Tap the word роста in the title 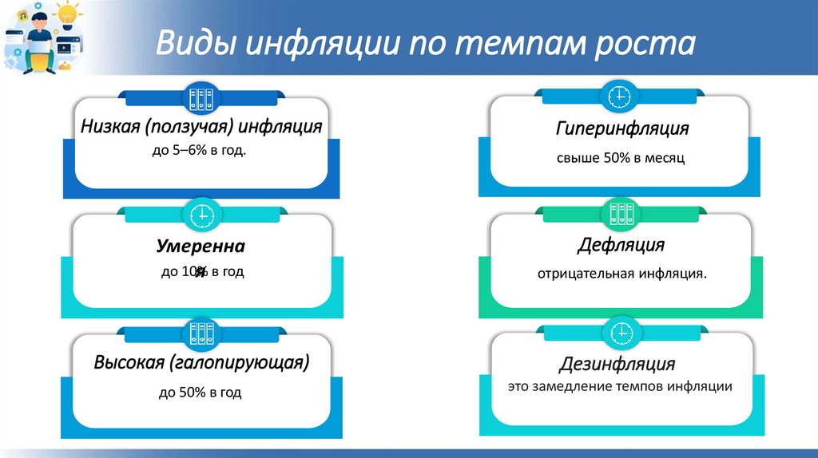[645, 44]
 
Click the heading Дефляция [621, 244]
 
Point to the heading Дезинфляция [617, 365]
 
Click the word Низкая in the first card [108, 125]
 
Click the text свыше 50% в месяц [621, 159]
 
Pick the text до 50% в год [200, 393]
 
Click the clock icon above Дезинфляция [621, 330]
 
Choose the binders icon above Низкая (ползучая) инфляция [201, 98]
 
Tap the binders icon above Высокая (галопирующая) [201, 332]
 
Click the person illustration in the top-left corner [37, 38]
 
